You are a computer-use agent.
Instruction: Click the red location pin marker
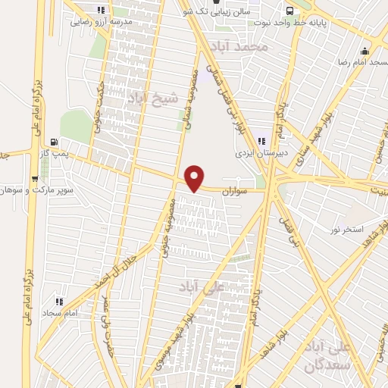pos(196,177)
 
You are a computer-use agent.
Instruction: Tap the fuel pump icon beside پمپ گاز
pos(53,141)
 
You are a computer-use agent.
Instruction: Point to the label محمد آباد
pos(242,47)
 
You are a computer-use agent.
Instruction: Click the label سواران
pos(236,192)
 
